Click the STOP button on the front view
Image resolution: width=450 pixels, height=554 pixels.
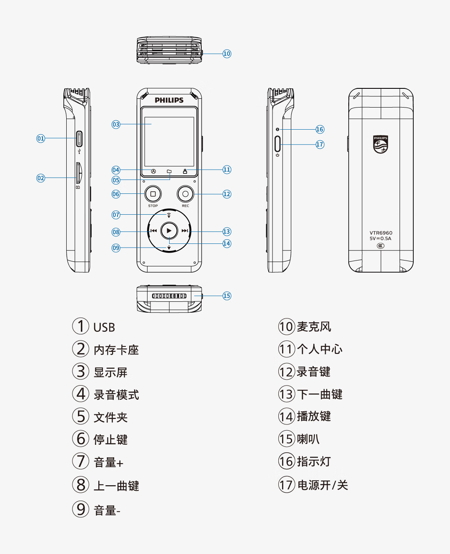click(153, 194)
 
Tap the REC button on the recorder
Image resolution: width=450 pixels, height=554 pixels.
click(185, 194)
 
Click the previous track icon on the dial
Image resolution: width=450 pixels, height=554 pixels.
click(154, 231)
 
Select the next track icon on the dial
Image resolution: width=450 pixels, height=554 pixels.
click(185, 231)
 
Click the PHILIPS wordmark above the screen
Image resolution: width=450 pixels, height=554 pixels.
click(169, 100)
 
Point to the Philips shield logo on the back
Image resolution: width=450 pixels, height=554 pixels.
click(380, 144)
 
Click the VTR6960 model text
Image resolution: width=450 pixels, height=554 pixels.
click(381, 233)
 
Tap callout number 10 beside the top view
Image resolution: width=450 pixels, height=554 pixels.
click(227, 54)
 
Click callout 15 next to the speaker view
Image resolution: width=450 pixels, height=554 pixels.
click(227, 296)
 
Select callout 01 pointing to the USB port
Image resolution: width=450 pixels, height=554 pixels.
click(40, 138)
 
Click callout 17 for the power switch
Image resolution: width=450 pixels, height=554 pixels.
click(320, 145)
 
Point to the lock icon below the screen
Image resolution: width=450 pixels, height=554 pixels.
click(185, 171)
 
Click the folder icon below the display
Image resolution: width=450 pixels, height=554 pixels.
click(169, 171)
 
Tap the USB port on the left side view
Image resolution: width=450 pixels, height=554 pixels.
click(79, 138)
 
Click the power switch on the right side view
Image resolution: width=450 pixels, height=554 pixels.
click(277, 144)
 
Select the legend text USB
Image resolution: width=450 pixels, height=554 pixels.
click(104, 328)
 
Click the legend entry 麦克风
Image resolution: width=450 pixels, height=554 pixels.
click(314, 327)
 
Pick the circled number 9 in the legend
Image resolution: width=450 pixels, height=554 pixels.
click(81, 509)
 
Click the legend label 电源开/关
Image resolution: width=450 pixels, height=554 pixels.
click(322, 485)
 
